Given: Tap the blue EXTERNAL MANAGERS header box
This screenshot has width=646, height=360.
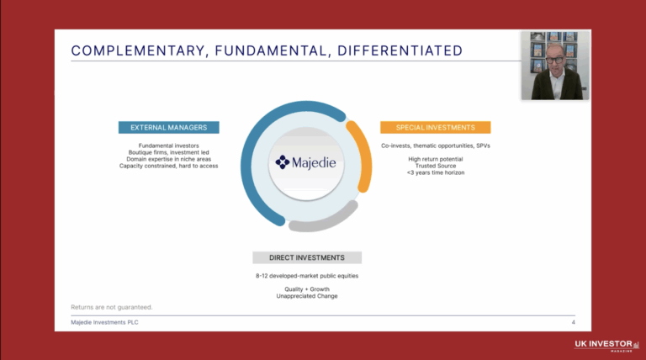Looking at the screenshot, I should [x=169, y=128].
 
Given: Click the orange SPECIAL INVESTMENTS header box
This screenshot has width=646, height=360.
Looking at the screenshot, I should [x=435, y=128].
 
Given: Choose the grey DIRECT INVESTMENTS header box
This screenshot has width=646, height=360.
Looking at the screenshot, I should [x=307, y=257].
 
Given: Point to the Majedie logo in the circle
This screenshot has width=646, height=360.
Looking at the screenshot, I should [x=306, y=161].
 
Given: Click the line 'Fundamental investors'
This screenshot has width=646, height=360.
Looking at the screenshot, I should [x=169, y=145].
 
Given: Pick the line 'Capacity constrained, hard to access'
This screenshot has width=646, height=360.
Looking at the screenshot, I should [x=169, y=166].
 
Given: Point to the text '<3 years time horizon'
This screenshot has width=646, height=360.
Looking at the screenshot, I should [x=436, y=172].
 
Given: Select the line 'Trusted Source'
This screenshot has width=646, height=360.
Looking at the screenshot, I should [x=436, y=166].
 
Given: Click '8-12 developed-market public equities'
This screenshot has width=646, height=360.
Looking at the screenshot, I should [x=307, y=274].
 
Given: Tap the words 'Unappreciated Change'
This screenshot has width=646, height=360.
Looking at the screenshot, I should [x=307, y=295].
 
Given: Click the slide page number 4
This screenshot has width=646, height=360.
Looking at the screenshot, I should [x=573, y=322].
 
